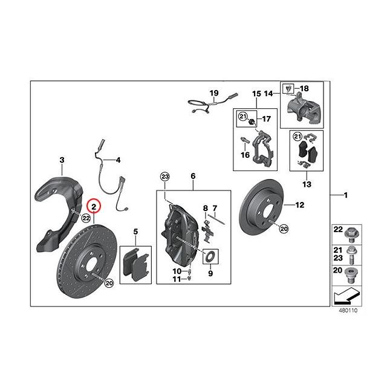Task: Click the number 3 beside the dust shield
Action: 62,160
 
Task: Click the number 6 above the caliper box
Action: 193,176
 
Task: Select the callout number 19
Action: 213,93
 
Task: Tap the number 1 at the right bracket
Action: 346,195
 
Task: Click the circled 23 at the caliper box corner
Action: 165,177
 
